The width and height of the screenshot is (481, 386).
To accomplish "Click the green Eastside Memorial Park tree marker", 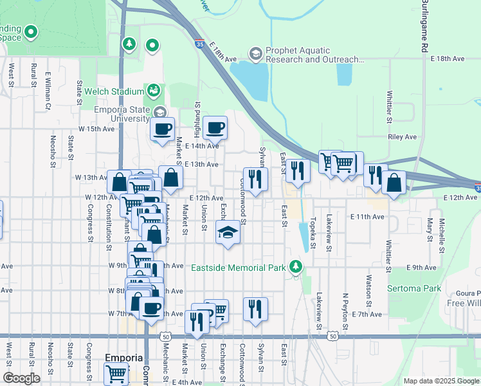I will coord(295,266).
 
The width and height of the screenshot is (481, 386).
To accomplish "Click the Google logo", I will coord(21,378).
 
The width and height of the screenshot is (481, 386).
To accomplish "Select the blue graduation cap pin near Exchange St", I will coord(228,232).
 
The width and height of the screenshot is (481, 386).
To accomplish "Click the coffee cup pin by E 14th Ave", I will coord(215,127).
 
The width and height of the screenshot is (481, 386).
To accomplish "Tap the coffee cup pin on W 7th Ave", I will coord(152,308).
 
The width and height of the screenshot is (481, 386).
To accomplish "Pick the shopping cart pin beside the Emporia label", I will coord(116,372).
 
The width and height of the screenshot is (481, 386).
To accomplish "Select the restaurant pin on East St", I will coord(298,170).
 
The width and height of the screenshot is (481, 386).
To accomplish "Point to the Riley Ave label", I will coord(403,137).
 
